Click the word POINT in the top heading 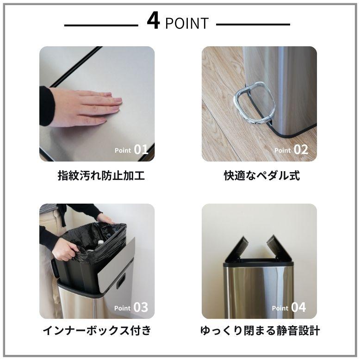coord(187,23)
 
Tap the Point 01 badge coord(131,149)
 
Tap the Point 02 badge coord(291,149)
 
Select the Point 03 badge coord(131,307)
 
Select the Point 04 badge coord(289,307)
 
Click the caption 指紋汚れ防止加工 coord(101,176)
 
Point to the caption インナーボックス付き coord(97,331)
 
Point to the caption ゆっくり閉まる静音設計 coord(260,331)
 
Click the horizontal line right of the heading coord(253,25)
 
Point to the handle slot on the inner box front coord(121,281)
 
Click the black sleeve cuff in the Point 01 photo coord(46,106)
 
